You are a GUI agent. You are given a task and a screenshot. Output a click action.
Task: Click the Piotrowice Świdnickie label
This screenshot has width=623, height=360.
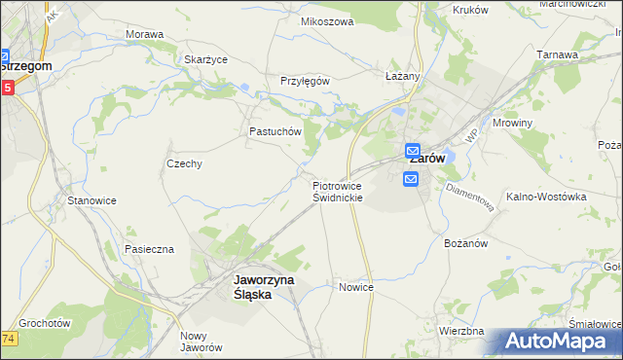[x=338, y=191]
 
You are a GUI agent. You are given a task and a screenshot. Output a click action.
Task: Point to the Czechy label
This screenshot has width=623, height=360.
[x=184, y=163]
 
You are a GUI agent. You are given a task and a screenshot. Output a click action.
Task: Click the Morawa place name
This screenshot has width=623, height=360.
[x=144, y=34]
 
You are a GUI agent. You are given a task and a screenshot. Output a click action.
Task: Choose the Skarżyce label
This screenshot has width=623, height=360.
[x=205, y=59]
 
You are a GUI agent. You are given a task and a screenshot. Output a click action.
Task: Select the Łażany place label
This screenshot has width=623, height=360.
[x=402, y=76]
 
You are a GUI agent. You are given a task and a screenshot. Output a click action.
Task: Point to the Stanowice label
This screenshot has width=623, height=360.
[x=92, y=200]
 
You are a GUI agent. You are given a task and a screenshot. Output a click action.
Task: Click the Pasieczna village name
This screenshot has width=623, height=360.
[x=149, y=249]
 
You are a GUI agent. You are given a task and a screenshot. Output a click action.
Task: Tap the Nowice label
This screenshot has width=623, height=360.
[x=356, y=288]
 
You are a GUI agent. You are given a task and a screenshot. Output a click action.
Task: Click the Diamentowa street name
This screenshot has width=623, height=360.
[x=470, y=195]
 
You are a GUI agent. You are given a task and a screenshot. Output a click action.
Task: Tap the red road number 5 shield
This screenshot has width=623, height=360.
[x=7, y=88]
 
